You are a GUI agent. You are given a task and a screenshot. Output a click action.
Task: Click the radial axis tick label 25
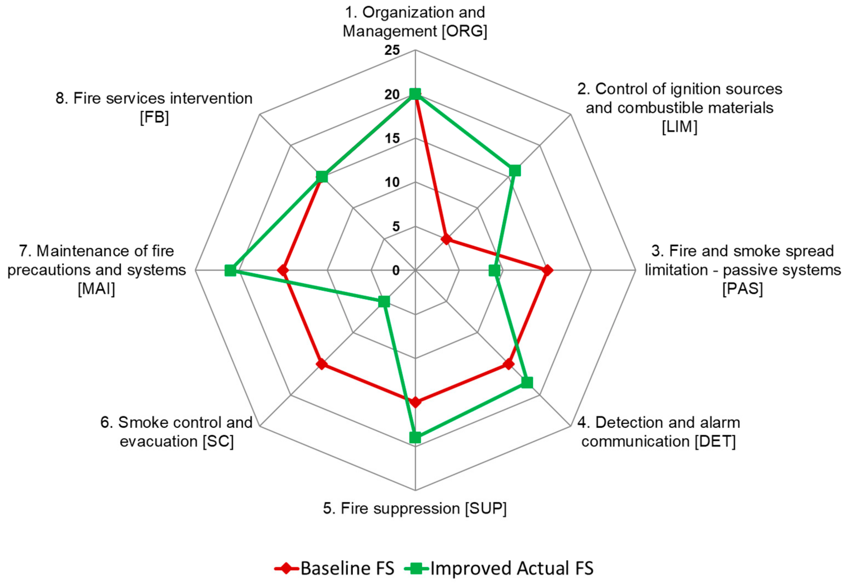[x=392, y=50]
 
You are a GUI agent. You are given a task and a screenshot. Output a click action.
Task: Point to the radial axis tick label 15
[x=392, y=138]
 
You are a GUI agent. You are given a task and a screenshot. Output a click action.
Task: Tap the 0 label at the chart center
[x=396, y=270]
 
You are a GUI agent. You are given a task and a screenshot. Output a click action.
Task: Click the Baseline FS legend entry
[x=335, y=569]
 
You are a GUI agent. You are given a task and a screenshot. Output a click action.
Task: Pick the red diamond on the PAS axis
[x=547, y=270]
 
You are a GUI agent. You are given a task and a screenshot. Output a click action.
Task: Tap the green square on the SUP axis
[x=415, y=437]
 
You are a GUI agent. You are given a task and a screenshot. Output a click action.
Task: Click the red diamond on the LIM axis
[x=446, y=239]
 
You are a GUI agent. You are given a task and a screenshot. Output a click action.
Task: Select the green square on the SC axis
[x=384, y=302]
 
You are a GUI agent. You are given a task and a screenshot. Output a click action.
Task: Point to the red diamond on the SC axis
[x=322, y=364]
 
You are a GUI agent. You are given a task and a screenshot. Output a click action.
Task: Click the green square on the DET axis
[x=527, y=382]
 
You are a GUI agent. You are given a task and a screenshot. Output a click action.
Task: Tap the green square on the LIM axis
[x=515, y=171]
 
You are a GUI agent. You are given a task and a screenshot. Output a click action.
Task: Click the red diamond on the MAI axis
[x=283, y=270]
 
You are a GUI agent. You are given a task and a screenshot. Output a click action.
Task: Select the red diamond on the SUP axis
[x=415, y=402]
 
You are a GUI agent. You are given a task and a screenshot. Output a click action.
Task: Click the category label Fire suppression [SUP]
[x=415, y=508]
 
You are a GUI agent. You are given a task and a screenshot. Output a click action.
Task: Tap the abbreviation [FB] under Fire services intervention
[x=154, y=118]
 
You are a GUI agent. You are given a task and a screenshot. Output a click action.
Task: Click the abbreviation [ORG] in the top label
[x=464, y=31]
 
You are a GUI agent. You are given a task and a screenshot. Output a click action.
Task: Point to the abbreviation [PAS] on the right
[x=742, y=289]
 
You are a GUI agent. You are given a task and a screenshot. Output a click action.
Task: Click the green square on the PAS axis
[x=494, y=270]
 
